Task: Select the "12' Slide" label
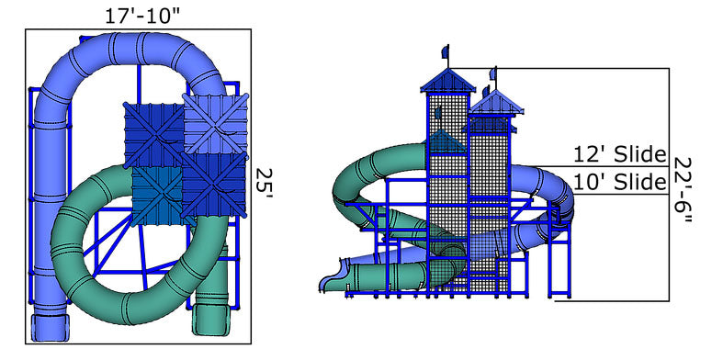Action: click(620, 155)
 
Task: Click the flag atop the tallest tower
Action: click(446, 51)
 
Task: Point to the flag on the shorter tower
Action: click(495, 73)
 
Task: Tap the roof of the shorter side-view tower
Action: click(496, 101)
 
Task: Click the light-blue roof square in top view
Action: click(216, 122)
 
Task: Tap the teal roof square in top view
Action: click(156, 193)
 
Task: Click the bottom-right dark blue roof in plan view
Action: click(214, 183)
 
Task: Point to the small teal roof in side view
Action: click(446, 142)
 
